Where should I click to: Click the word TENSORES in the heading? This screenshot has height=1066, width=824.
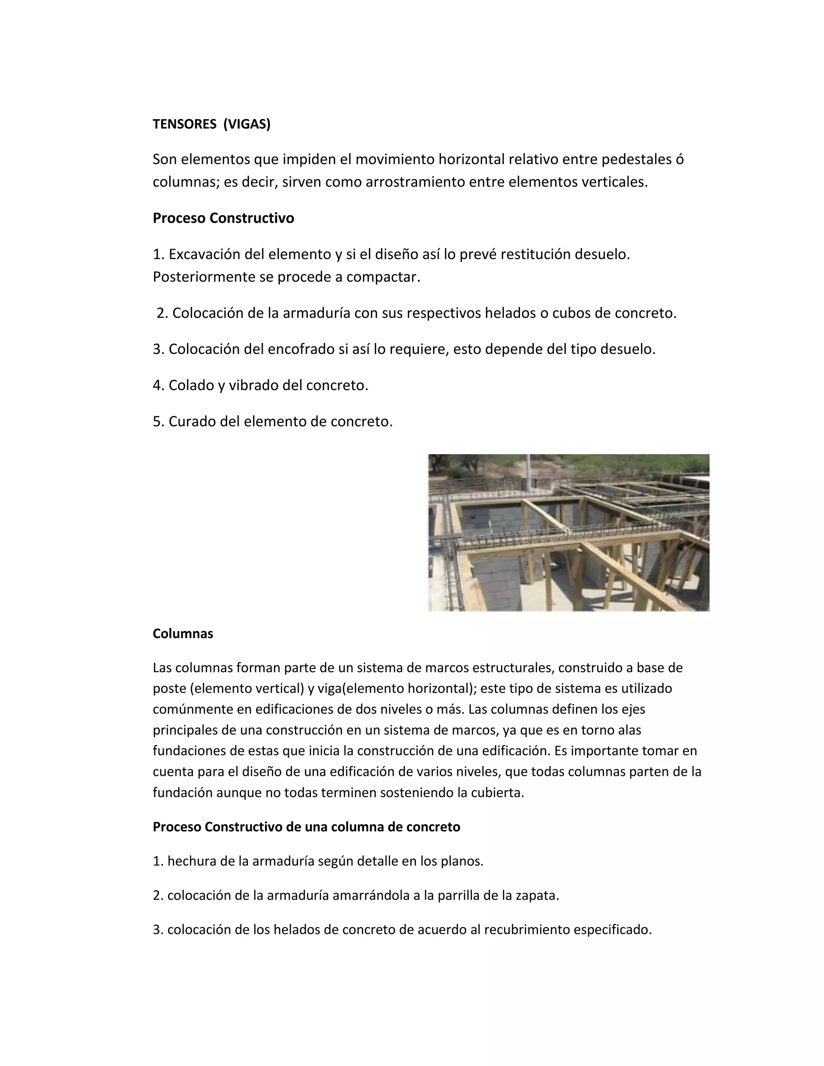(184, 124)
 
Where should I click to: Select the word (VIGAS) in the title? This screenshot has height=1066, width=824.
(247, 124)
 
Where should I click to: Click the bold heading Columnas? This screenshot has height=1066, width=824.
(183, 634)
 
